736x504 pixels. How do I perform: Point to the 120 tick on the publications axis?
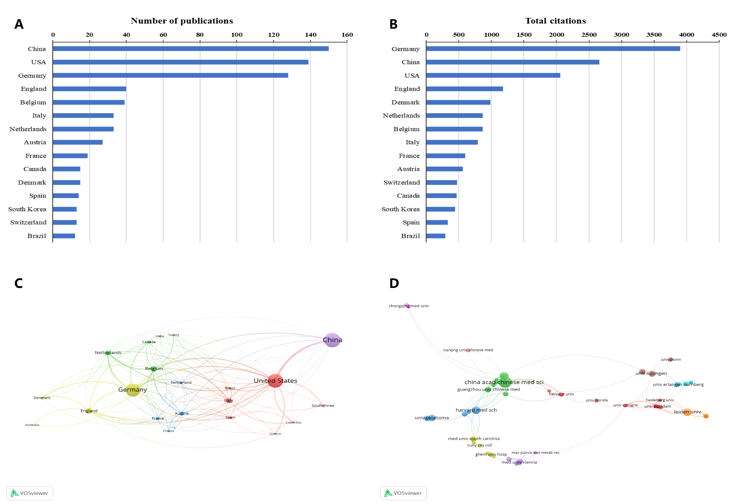coord(274,35)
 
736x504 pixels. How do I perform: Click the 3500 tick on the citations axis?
coord(654,35)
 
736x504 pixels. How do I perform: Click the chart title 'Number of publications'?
coord(182,21)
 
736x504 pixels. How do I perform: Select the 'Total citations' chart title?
coord(555,21)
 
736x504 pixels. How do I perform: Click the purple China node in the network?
coord(332,340)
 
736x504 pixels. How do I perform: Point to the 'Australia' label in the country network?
coord(32,425)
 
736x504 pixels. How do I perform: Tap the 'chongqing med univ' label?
coord(409,306)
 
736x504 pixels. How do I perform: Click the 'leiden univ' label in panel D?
coord(687,412)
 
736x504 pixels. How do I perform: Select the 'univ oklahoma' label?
coord(432,418)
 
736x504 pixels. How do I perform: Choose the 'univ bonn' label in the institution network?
coord(671,360)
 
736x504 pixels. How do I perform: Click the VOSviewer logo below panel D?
coord(403,493)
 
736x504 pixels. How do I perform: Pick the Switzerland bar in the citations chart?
coord(441,183)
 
